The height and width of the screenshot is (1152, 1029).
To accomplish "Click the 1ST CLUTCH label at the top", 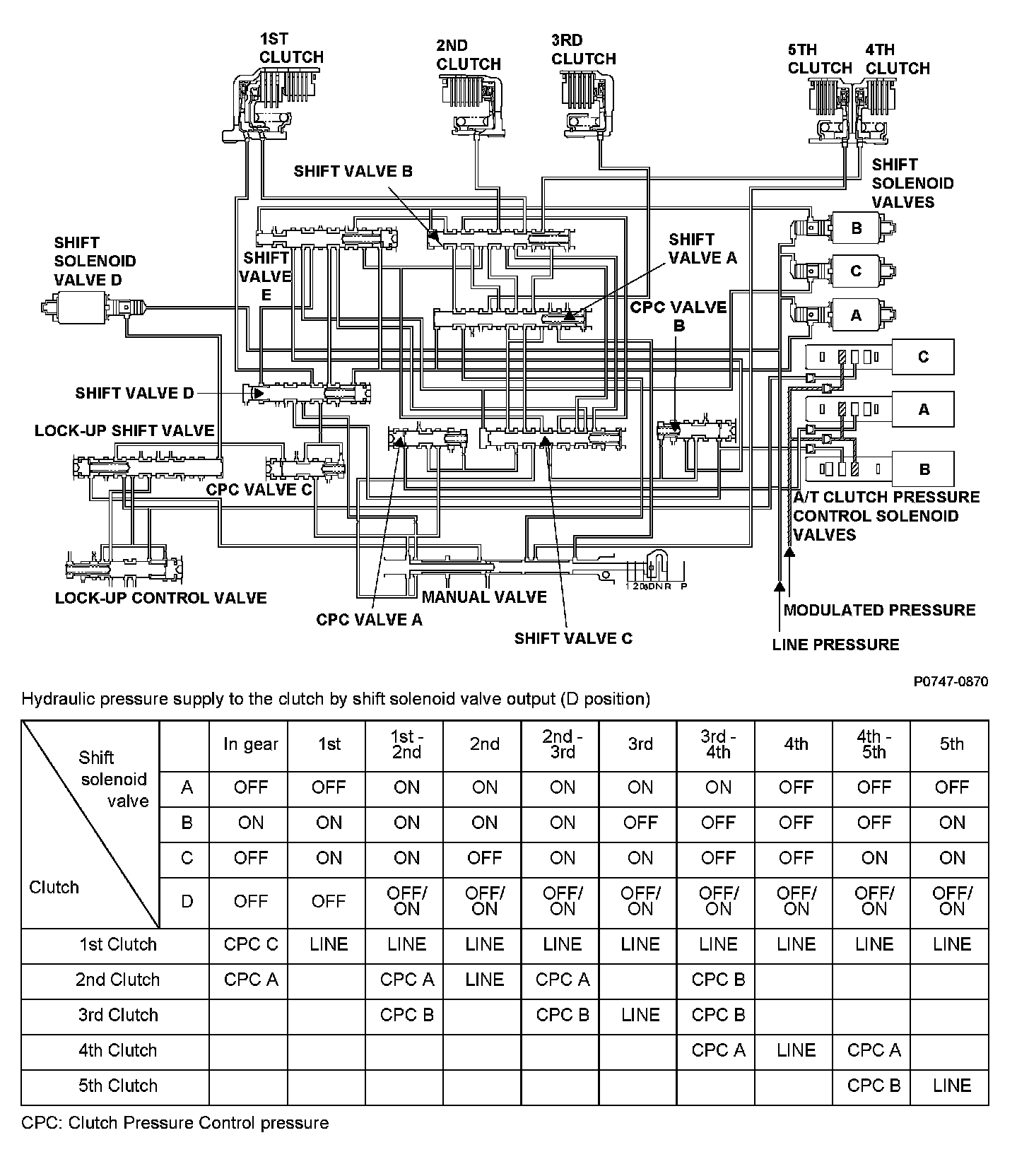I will coord(290,48).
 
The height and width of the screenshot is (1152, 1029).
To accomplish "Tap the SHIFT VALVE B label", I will coord(353,171).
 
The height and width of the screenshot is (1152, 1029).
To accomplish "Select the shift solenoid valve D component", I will coord(92,308).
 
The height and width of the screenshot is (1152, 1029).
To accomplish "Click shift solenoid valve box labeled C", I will coord(856,271).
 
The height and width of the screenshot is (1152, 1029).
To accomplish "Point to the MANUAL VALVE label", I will coord(484,597).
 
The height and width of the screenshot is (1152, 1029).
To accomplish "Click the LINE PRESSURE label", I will coord(835,645).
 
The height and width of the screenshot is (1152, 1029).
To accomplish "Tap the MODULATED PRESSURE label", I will coord(879,610).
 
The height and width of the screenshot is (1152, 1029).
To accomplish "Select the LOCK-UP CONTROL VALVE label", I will coord(161,598).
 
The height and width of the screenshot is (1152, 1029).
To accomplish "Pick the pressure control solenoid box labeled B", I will coord(923,469).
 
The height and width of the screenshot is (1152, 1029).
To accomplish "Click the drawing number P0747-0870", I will coord(951,681).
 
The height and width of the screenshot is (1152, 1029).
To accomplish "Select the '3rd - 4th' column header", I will coord(718,744).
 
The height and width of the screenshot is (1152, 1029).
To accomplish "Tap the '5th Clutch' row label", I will coord(117,1086).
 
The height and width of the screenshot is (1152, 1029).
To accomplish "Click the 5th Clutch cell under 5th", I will coord(951,1086).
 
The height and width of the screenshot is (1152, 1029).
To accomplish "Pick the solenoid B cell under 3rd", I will coord(640,823).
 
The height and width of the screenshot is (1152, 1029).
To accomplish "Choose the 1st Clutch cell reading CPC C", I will coord(251,944).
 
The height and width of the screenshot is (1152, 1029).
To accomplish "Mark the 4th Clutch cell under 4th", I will coord(796,1050).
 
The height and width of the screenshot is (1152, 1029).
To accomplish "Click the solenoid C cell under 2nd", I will coord(485,858).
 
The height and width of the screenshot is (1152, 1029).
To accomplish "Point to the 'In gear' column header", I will coord(251,744).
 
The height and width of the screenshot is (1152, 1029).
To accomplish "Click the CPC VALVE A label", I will coord(369,620).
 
